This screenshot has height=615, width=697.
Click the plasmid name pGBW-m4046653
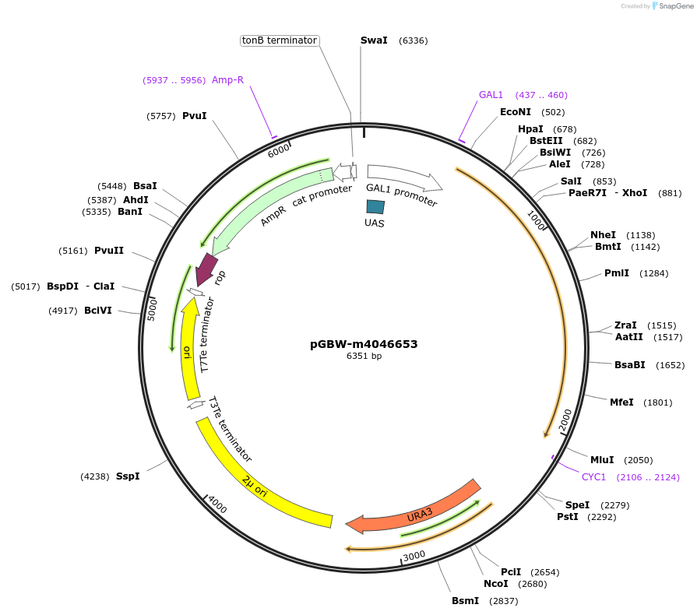pos(364,343)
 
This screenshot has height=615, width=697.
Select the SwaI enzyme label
pos(374,40)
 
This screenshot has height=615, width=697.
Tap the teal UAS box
pos(375,206)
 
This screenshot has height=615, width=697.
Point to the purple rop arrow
pos(206,269)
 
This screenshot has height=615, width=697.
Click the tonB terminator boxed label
pos(279,40)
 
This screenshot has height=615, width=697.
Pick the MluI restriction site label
pos(602,460)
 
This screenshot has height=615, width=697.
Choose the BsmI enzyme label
pos(465,601)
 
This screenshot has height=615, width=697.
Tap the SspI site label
pos(128,476)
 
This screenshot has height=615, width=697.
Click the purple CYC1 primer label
pos(593,477)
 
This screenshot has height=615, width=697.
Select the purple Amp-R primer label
pos(227,80)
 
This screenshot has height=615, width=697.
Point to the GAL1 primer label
pos(491,95)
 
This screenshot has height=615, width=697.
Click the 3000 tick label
pos(414,555)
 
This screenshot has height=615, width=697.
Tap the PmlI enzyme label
pos(616,273)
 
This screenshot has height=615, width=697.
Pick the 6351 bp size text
pos(364,357)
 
